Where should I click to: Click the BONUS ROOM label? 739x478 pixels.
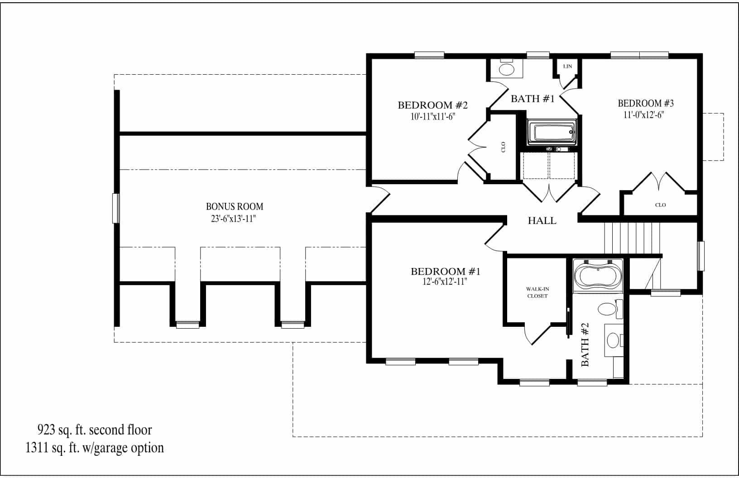click(234, 206)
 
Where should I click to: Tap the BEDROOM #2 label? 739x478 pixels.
click(432, 105)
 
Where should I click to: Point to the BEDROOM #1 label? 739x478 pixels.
click(445, 271)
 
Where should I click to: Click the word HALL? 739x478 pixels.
click(542, 221)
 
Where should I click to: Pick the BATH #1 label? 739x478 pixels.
click(533, 99)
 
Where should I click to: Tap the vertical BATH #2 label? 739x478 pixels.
click(585, 344)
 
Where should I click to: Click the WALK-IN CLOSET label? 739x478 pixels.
click(537, 292)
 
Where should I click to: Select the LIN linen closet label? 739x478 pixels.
click(567, 67)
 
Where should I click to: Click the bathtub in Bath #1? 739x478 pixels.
click(553, 133)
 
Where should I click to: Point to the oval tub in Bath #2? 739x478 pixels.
click(598, 275)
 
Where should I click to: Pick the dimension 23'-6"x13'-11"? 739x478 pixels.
click(234, 219)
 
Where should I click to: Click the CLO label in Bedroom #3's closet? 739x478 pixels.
click(660, 205)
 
